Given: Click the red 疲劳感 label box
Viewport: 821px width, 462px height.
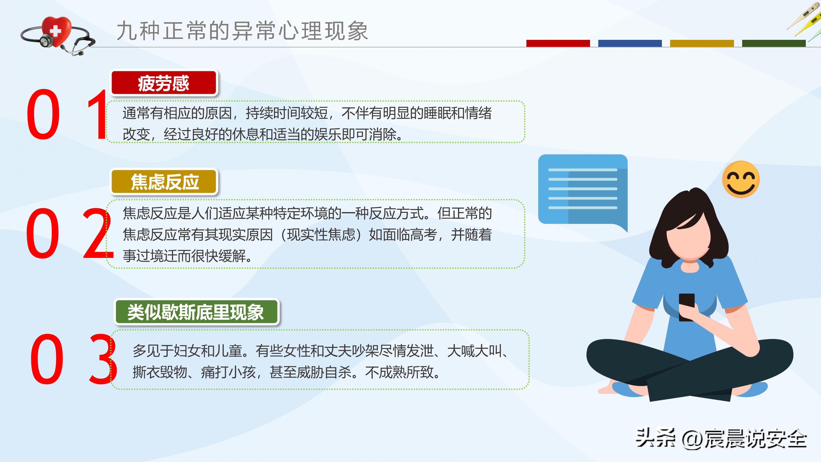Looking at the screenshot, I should (x=163, y=83).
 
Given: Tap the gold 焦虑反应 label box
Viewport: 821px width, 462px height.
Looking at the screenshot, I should (x=164, y=182).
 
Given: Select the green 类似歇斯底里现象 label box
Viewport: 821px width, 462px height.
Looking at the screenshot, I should (x=196, y=312).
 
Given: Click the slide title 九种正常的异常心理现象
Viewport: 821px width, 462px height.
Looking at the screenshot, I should (x=242, y=31).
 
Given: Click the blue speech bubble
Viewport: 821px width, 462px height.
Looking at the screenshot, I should (x=583, y=190).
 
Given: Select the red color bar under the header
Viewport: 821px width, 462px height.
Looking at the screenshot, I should (x=558, y=43).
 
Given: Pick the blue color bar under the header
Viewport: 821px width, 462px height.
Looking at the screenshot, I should (x=630, y=43).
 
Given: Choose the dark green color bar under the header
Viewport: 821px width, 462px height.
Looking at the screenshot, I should (x=774, y=43).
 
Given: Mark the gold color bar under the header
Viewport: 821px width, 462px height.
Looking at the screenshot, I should (x=702, y=43).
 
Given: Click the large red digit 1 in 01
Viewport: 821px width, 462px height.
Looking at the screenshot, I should (x=97, y=115).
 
